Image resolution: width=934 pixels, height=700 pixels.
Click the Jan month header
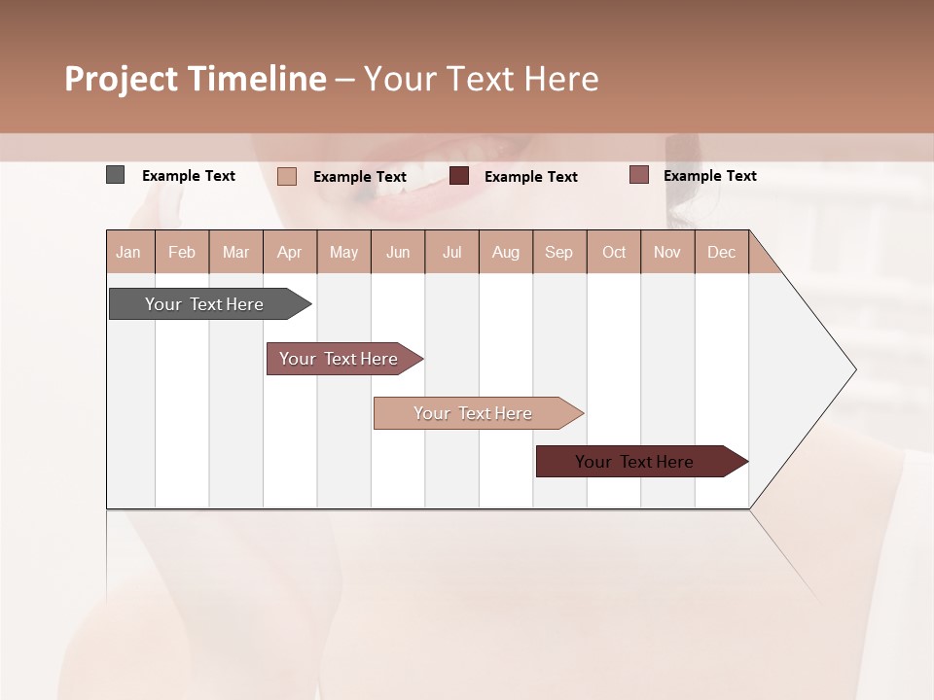click(x=129, y=252)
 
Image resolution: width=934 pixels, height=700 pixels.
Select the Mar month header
click(x=235, y=252)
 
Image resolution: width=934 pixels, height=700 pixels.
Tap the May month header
click(x=343, y=252)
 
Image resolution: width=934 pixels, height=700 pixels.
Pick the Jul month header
click(x=451, y=252)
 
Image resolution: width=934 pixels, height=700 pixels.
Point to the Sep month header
click(x=558, y=252)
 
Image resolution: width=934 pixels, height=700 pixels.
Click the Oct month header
click(x=614, y=252)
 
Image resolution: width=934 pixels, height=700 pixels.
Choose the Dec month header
click(x=721, y=252)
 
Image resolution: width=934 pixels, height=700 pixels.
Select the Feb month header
click(x=182, y=252)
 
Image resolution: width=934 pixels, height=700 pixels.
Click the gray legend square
click(x=115, y=175)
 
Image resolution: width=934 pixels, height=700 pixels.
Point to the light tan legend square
click(x=286, y=176)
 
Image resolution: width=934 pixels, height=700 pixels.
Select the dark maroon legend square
click(x=459, y=176)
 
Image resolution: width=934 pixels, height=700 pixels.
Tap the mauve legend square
click(x=638, y=175)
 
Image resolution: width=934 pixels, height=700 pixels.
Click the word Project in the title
click(x=122, y=79)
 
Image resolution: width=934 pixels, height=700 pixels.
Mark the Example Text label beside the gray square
click(x=189, y=176)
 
